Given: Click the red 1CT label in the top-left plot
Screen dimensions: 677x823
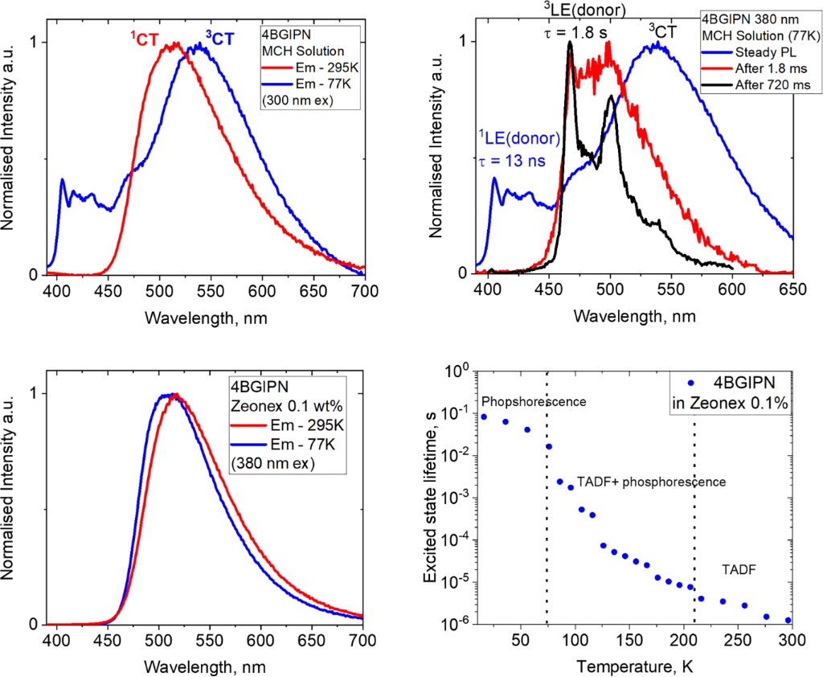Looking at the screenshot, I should [145, 37].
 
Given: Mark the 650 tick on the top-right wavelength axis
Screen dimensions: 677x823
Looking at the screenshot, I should [792, 292].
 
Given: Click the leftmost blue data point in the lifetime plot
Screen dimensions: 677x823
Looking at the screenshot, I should [484, 416].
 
